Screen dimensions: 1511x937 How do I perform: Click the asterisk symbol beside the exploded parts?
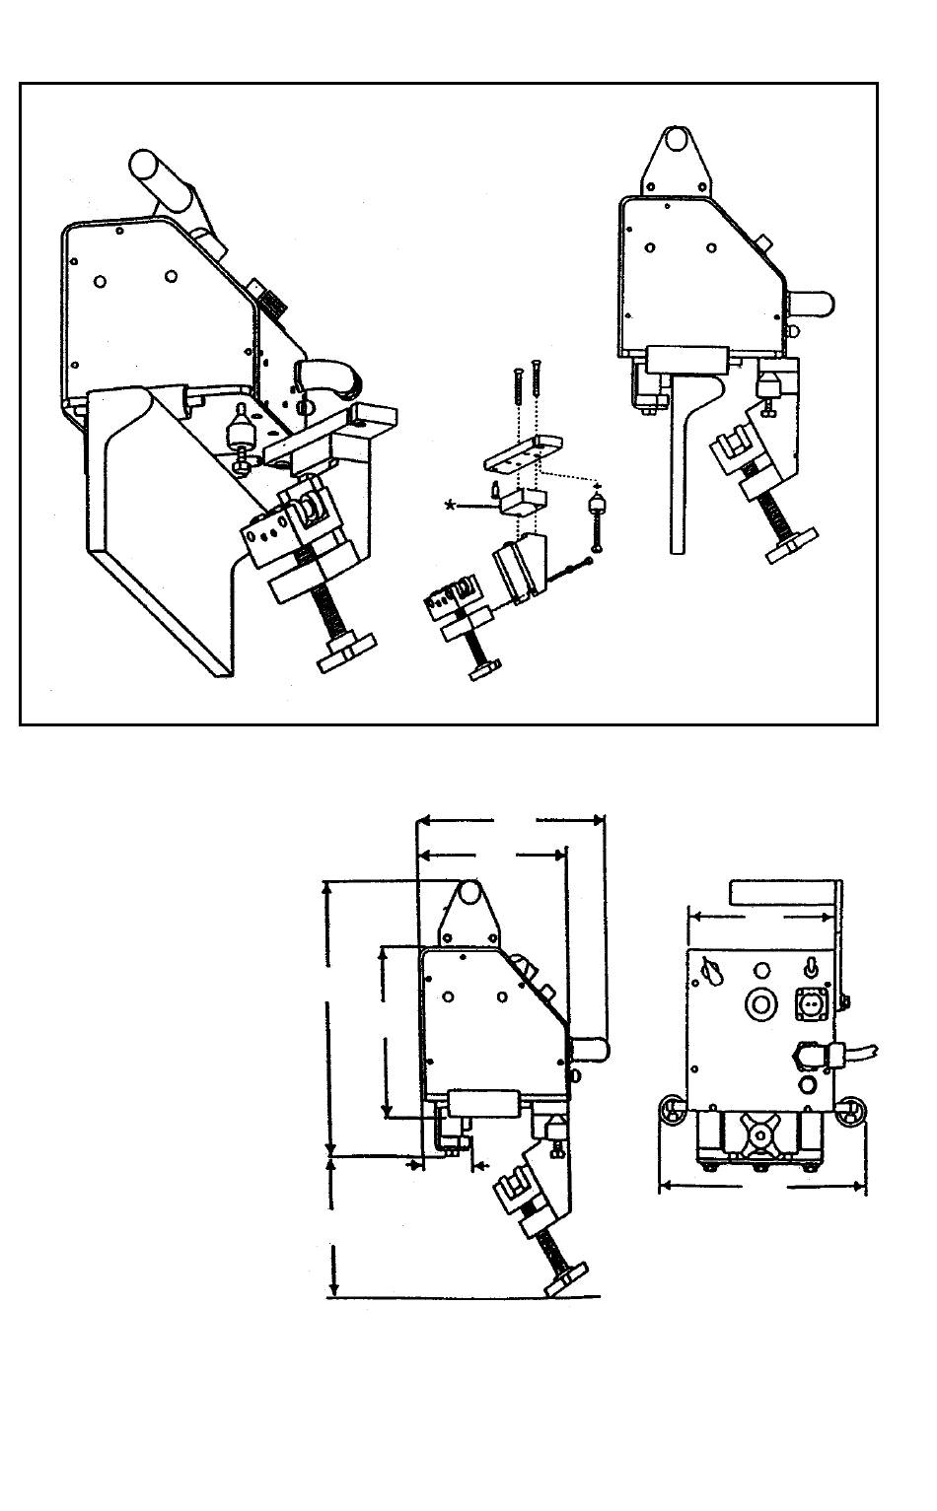(452, 505)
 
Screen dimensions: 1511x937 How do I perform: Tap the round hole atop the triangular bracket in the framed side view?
(676, 140)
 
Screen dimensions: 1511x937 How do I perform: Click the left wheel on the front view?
(674, 1111)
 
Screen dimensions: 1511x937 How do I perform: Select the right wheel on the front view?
(850, 1111)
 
